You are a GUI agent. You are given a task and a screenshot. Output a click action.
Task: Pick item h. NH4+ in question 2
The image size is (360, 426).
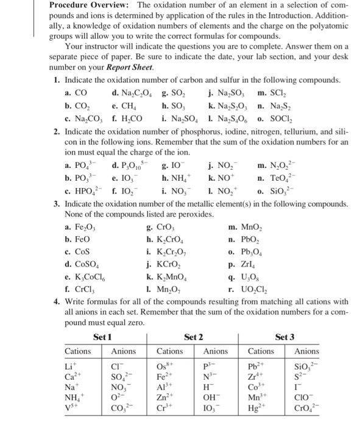(177, 176)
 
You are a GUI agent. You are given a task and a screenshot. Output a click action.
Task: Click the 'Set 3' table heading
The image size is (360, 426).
(285, 336)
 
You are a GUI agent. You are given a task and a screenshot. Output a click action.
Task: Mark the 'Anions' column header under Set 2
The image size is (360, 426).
(216, 351)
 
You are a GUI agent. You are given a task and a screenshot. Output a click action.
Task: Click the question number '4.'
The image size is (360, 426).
(56, 302)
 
